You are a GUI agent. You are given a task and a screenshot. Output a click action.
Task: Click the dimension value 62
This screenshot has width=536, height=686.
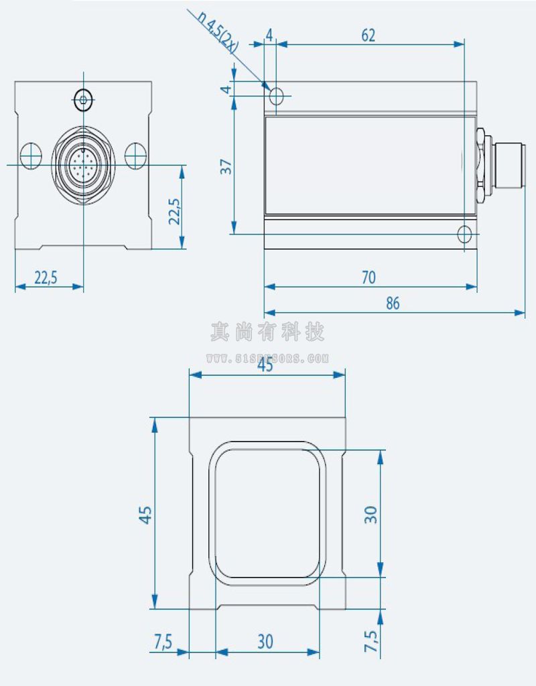pyautogui.click(x=368, y=35)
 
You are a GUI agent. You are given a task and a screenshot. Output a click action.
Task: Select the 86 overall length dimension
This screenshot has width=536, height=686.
pyautogui.click(x=393, y=303)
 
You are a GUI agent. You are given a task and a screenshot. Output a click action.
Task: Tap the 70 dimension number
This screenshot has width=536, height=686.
pyautogui.click(x=368, y=277)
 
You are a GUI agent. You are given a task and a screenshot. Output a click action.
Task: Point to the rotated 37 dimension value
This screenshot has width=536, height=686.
pyautogui.click(x=226, y=167)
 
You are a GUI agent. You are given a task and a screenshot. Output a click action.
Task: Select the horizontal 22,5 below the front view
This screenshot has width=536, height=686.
pyautogui.click(x=46, y=277)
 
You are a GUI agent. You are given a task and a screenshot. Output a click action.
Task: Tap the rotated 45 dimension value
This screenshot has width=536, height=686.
pyautogui.click(x=145, y=514)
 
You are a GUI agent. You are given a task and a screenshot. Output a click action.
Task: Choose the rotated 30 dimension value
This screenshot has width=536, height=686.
pyautogui.click(x=371, y=514)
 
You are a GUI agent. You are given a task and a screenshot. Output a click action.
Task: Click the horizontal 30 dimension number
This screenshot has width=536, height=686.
pyautogui.click(x=265, y=641)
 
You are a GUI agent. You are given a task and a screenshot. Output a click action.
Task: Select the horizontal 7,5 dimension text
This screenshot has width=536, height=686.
pyautogui.click(x=163, y=641)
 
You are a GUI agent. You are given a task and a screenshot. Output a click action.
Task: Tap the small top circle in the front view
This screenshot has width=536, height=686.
pyautogui.click(x=83, y=100)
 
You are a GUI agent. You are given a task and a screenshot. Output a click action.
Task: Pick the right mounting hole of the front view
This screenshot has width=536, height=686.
pyautogui.click(x=135, y=156)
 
